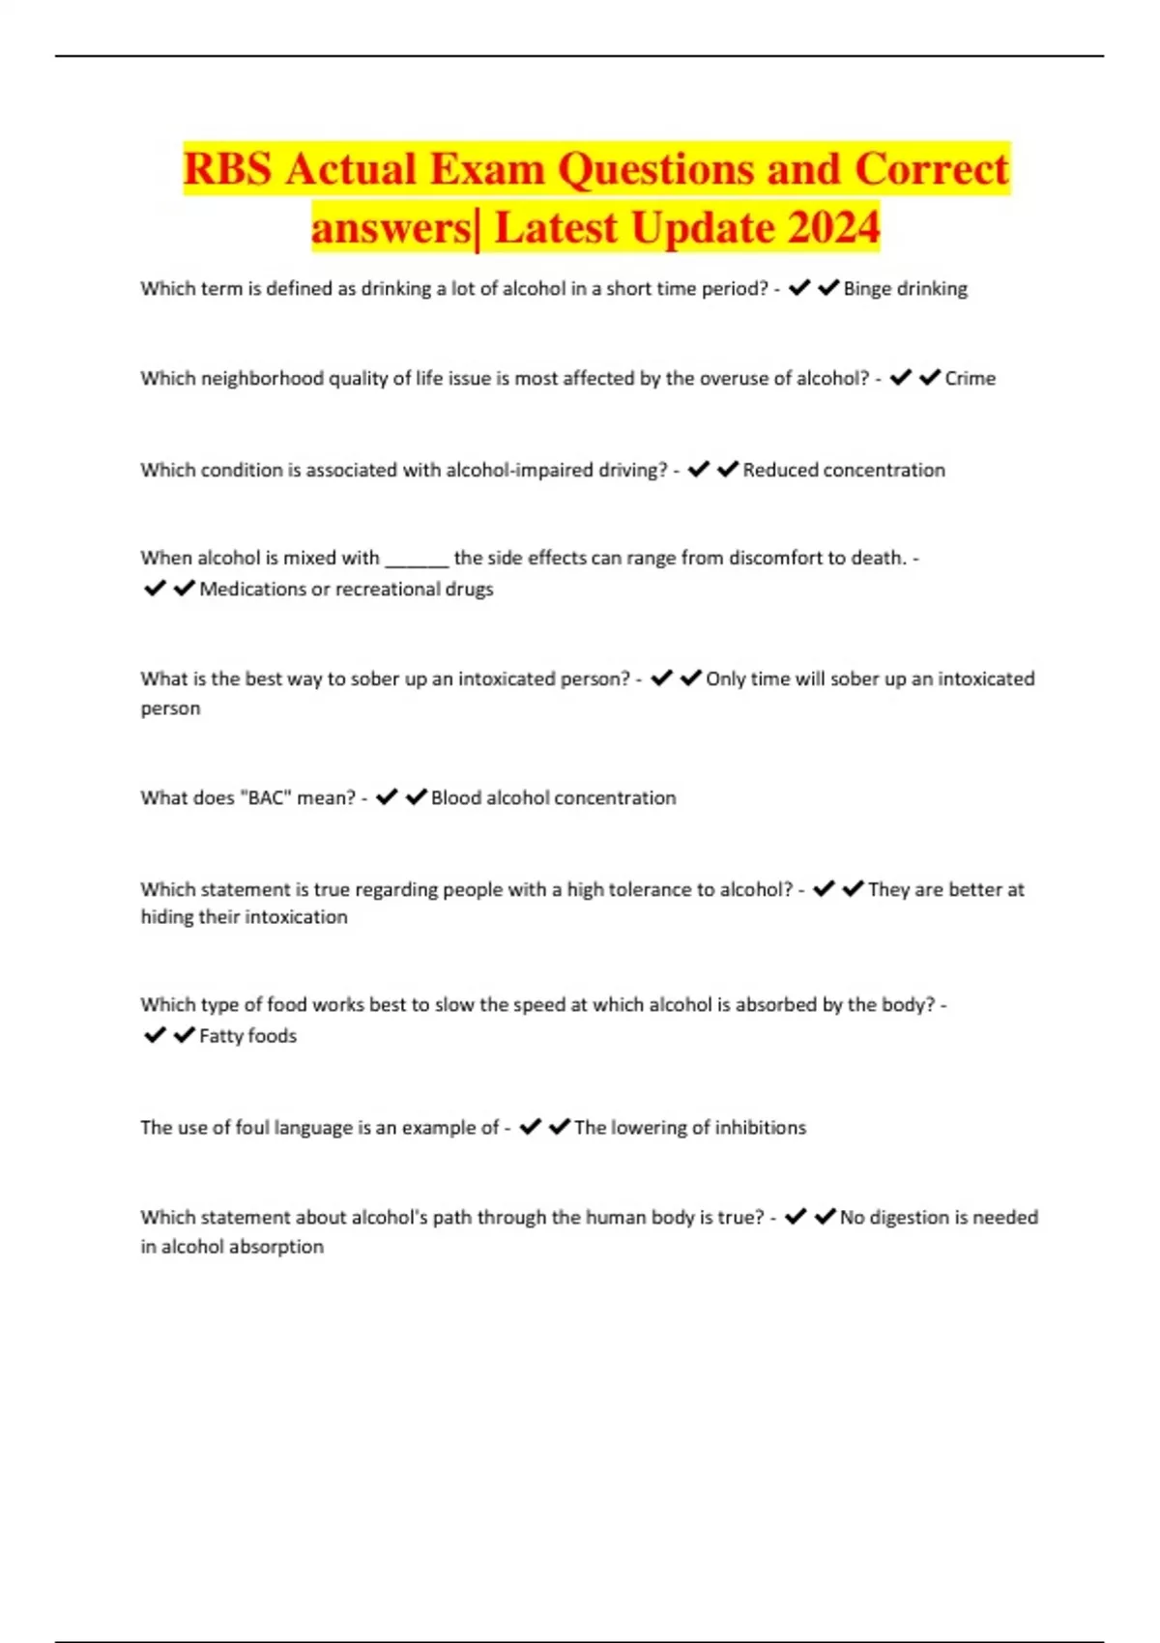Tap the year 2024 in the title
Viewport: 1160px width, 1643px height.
coord(833,228)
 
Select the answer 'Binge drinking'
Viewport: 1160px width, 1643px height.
coord(905,288)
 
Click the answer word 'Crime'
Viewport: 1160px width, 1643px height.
coord(970,378)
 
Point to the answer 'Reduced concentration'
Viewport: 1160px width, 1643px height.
coord(844,470)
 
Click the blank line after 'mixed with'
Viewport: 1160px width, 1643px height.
coord(417,559)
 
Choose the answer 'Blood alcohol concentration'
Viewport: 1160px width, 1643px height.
coord(553,797)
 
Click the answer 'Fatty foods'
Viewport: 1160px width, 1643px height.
coord(247,1035)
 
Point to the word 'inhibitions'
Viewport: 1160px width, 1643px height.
coord(760,1127)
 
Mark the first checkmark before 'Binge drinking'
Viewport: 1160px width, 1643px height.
coord(799,288)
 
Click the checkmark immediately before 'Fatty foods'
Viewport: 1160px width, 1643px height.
coord(184,1035)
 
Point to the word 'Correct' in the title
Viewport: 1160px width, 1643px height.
coord(931,169)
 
